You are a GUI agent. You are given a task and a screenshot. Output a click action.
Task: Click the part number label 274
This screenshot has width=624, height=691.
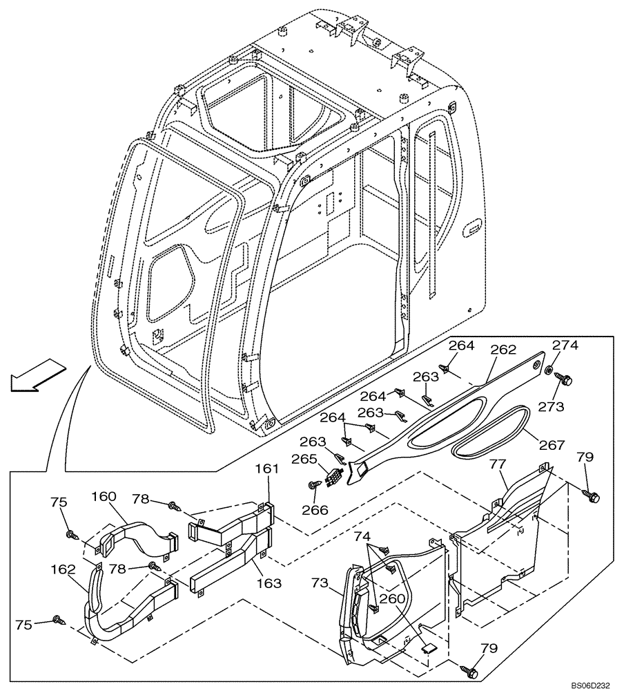point(565,345)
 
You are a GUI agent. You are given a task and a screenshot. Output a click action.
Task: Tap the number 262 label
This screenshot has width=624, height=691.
point(503,350)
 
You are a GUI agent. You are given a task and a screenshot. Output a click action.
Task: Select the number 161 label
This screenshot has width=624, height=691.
point(268,469)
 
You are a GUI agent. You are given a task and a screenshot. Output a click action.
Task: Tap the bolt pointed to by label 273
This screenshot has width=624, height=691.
point(561,379)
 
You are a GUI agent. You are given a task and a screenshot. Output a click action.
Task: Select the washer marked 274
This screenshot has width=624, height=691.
point(549,372)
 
